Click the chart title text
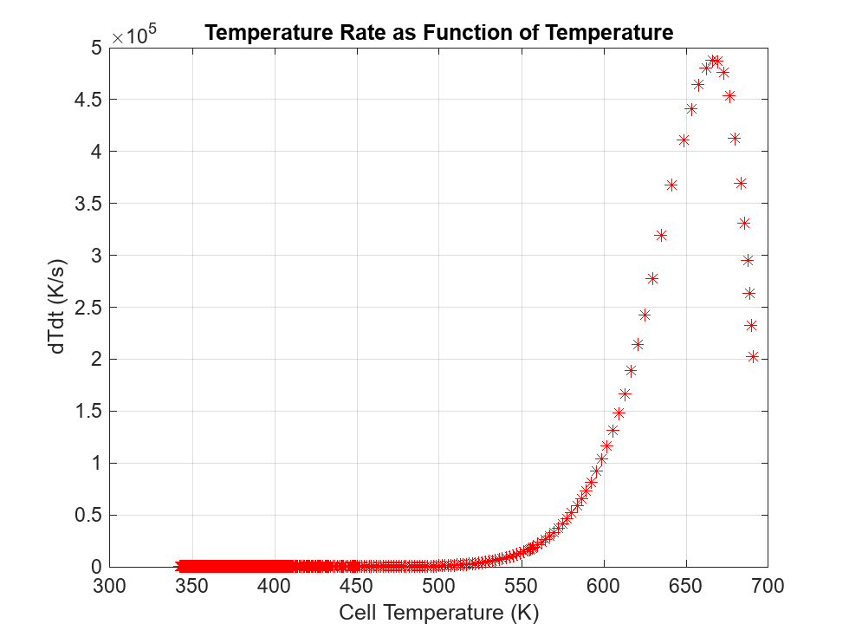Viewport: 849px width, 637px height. coord(438,34)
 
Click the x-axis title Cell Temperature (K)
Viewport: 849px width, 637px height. coord(438,613)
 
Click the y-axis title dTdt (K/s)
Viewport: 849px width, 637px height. coord(57,307)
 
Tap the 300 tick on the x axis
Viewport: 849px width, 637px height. coord(110,587)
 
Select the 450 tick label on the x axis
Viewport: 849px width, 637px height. coord(356,587)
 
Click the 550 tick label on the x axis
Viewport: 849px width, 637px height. coord(521,587)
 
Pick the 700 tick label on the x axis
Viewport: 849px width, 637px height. coord(768,587)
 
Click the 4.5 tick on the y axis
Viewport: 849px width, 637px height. coord(87,100)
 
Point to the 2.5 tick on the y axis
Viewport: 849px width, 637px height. coord(87,308)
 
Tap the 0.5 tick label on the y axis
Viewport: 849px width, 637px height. coord(87,515)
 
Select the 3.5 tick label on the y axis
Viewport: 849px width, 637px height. coord(87,204)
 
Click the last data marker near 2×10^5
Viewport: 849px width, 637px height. coord(753,356)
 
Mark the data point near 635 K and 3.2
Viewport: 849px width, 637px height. coord(661,235)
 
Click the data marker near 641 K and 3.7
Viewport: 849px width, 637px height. coord(671,185)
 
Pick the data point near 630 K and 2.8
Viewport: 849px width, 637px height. coord(652,278)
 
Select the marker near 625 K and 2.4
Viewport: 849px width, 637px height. coord(645,315)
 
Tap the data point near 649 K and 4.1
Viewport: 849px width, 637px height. coord(684,140)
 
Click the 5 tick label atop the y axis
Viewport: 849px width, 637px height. coord(96,48)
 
